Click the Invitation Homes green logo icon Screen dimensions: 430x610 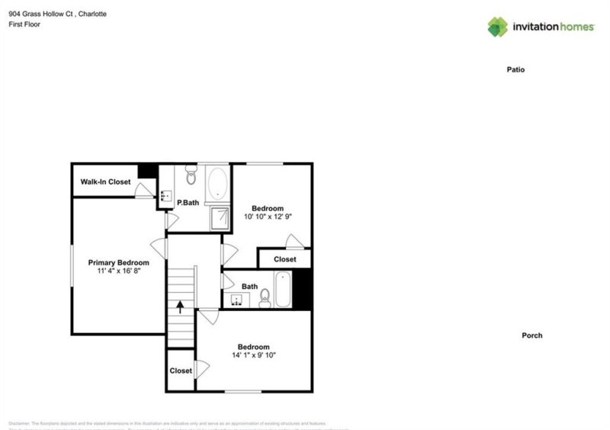pyautogui.click(x=498, y=27)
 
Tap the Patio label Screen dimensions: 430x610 pyautogui.click(x=516, y=69)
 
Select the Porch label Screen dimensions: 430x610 pyautogui.click(x=531, y=335)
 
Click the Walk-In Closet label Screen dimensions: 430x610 pyautogui.click(x=105, y=182)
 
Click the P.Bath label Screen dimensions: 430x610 pyautogui.click(x=188, y=203)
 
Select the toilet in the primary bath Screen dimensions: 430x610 pyautogui.click(x=191, y=178)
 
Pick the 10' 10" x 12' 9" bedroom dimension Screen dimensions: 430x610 pyautogui.click(x=268, y=217)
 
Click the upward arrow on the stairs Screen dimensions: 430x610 pyautogui.click(x=180, y=307)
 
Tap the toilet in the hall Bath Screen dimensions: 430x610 pyautogui.click(x=265, y=297)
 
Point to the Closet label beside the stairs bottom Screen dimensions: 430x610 pyautogui.click(x=181, y=371)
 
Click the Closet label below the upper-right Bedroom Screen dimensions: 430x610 pyautogui.click(x=284, y=259)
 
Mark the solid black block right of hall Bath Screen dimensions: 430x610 pyautogui.click(x=303, y=290)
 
